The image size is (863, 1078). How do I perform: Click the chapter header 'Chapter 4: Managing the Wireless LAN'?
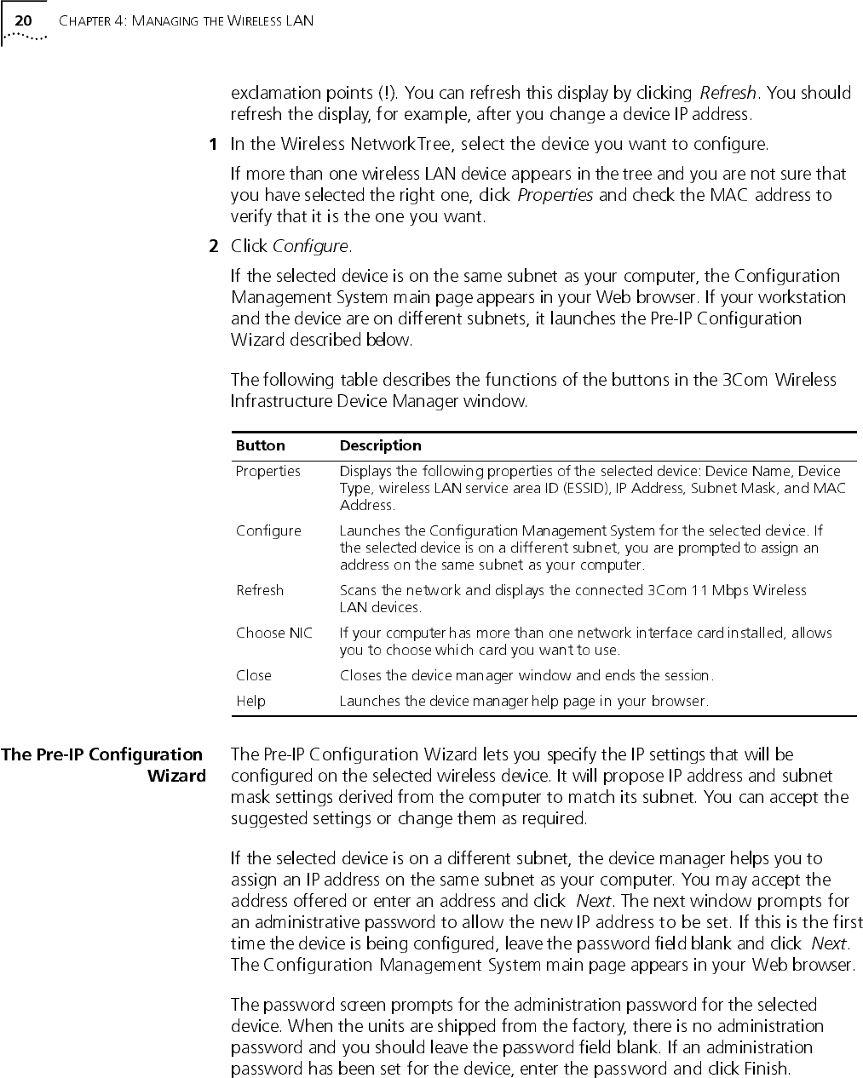click(186, 20)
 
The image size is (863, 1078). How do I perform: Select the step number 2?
click(213, 247)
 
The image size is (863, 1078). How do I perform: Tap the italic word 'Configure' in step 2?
click(310, 247)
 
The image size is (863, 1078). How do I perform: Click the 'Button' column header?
click(260, 445)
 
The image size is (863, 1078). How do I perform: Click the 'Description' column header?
click(380, 445)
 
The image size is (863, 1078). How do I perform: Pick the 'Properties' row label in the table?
click(268, 471)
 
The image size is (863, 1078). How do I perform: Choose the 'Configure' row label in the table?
click(268, 530)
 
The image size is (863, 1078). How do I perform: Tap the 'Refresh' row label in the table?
click(260, 590)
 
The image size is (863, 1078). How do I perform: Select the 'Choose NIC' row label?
click(273, 633)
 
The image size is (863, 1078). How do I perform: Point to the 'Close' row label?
click(254, 675)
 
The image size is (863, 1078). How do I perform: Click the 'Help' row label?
click(250, 701)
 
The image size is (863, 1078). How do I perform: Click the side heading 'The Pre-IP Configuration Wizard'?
click(103, 765)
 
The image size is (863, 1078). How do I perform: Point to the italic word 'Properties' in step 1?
click(555, 195)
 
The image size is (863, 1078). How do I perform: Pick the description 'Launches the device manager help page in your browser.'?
click(524, 701)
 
